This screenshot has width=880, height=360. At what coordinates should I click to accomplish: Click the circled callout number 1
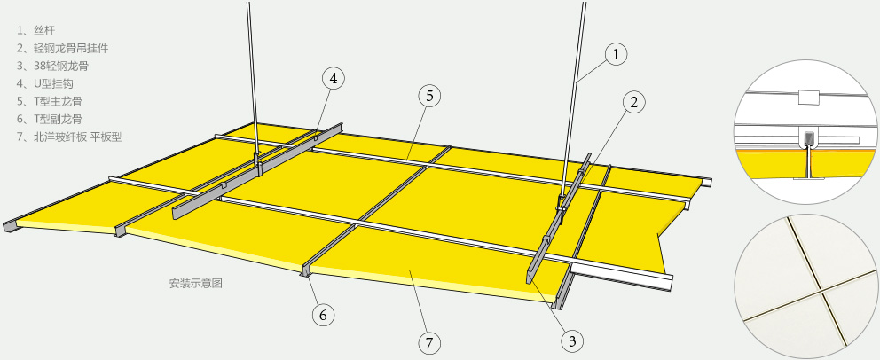tap(616, 54)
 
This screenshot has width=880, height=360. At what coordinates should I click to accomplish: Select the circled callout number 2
tap(634, 102)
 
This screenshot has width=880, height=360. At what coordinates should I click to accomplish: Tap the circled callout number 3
tap(572, 340)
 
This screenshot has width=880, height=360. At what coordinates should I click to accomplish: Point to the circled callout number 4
tap(334, 79)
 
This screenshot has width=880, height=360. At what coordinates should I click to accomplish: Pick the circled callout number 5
tap(429, 96)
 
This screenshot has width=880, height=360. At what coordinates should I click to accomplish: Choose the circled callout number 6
tap(323, 315)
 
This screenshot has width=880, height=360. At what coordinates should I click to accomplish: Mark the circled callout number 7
tap(429, 342)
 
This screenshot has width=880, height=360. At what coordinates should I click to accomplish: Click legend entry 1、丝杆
tap(35, 30)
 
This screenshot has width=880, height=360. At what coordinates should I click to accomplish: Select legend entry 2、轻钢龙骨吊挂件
tap(62, 48)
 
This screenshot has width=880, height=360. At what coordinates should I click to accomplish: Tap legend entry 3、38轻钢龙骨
tap(52, 67)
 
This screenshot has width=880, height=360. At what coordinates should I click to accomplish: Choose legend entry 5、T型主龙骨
tap(50, 101)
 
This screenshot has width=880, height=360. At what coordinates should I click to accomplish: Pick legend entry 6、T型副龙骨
tap(50, 119)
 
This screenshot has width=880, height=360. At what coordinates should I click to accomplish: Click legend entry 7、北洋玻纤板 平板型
tap(69, 137)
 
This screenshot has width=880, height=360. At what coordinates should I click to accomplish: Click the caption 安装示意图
tap(196, 283)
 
